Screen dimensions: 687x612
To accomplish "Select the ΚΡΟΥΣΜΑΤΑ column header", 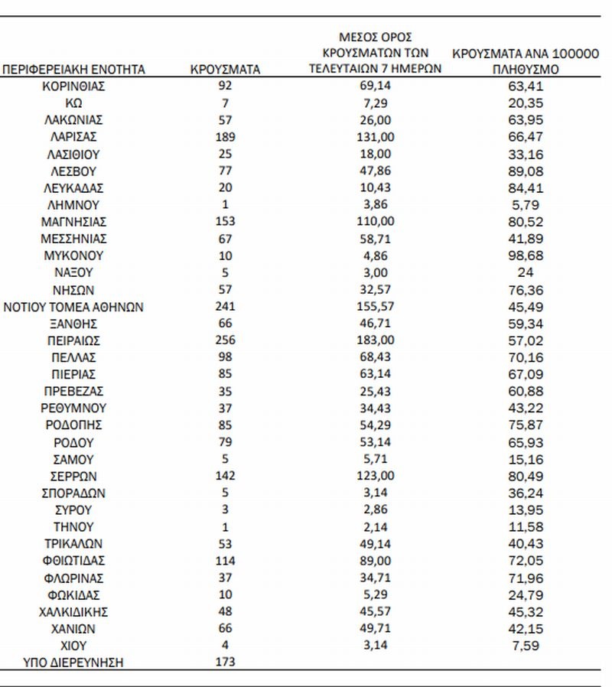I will [225, 69].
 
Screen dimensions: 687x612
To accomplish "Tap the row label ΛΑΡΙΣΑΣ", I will [74, 137].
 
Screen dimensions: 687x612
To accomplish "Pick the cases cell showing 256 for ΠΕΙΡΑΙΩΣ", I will [225, 340].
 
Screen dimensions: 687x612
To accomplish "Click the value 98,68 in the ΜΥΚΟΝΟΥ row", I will [526, 256].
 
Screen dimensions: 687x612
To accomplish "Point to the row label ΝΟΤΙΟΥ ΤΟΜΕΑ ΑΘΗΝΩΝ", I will [74, 307].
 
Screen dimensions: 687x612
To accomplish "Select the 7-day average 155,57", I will [375, 307].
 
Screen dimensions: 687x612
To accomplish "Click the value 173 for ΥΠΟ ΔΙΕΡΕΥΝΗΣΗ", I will [225, 663].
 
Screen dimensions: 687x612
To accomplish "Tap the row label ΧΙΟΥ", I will [74, 646].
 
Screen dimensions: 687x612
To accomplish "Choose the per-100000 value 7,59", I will [526, 646].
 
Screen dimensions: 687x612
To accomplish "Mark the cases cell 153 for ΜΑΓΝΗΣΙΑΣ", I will [225, 222].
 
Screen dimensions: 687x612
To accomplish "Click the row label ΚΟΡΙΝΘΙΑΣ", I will [74, 86].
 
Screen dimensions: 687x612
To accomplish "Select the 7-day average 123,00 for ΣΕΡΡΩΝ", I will [375, 476].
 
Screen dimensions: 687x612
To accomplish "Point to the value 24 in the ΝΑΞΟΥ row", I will [526, 272].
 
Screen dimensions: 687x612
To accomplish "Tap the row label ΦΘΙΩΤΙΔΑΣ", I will [74, 561].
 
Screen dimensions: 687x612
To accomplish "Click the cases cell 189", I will [225, 137].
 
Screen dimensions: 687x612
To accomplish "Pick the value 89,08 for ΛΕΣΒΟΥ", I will [526, 171].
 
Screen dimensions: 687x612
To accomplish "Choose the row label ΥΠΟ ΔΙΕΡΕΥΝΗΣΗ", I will [74, 663].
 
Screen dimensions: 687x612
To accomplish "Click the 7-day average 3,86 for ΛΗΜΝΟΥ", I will [375, 205].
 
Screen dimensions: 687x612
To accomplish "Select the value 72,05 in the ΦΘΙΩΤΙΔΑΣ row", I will [526, 561].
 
